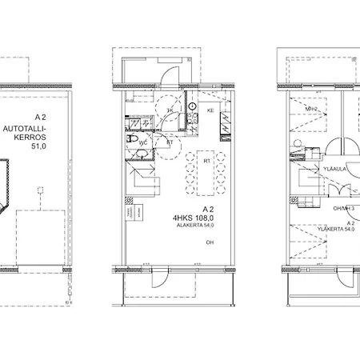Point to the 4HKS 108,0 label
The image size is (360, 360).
click(x=194, y=216)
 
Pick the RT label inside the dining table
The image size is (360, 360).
click(x=207, y=160)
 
